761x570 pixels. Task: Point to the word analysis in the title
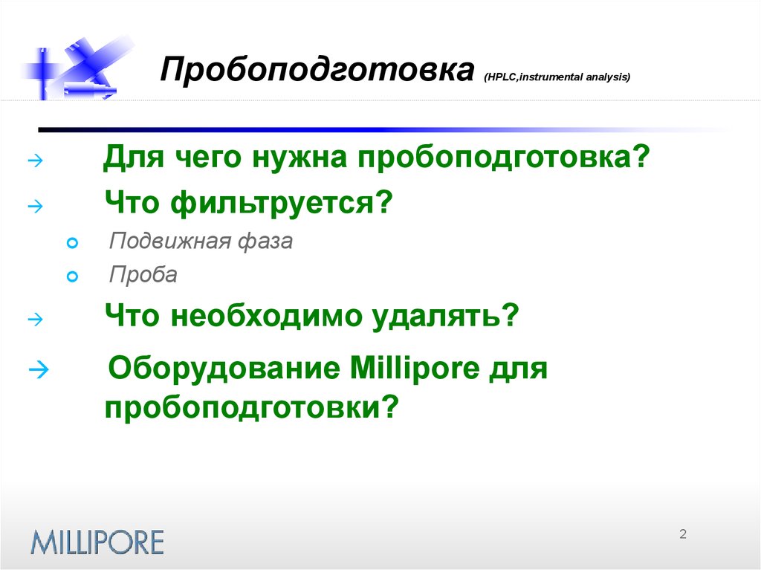tap(603, 77)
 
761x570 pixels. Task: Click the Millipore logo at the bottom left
tap(97, 540)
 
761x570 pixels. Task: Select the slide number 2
tap(683, 534)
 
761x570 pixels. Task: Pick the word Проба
tap(143, 275)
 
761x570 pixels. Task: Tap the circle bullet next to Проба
tap(72, 277)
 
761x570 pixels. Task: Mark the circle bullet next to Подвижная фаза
tap(72, 243)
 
